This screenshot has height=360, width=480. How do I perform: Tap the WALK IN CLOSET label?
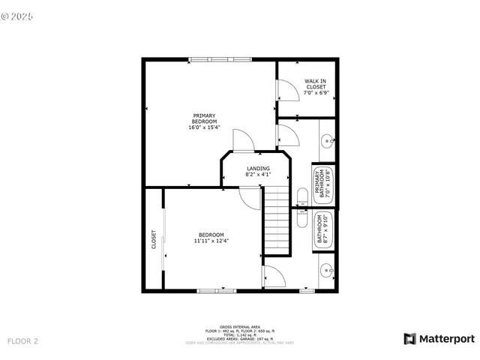[315, 84]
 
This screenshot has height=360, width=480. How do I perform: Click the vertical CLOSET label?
[154, 240]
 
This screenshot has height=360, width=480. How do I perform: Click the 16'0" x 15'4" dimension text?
[204, 127]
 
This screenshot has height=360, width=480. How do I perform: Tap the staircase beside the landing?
[277, 221]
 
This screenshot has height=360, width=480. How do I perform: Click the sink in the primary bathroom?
[328, 139]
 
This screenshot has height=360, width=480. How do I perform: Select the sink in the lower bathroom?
[327, 271]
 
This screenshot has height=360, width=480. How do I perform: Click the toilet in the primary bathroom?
[301, 197]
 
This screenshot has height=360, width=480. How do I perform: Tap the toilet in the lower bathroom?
[301, 218]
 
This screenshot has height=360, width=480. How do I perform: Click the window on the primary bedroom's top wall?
[220, 59]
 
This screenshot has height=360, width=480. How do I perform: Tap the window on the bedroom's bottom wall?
[217, 290]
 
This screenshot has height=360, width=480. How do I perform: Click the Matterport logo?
[439, 339]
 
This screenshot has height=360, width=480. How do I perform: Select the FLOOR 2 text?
[22, 341]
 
